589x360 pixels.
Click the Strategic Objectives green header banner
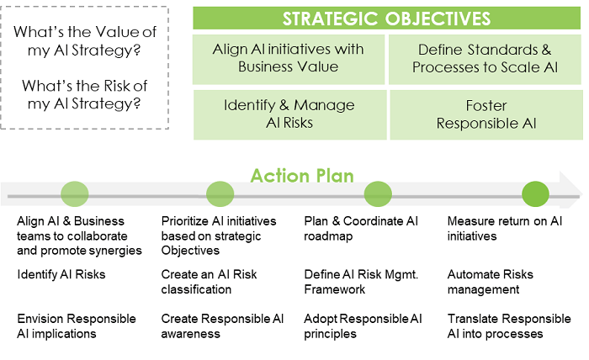[386, 18]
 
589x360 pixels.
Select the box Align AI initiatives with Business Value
[289, 60]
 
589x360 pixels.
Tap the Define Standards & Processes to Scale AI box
[485, 60]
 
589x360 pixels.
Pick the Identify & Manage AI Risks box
[289, 114]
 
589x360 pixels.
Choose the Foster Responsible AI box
[486, 114]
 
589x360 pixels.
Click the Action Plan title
[302, 176]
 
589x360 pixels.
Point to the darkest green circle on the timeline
[535, 194]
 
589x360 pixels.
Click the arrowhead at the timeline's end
[571, 190]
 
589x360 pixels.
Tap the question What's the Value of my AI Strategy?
[84, 41]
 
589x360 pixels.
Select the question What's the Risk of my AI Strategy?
[84, 94]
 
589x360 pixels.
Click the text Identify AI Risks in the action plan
[61, 274]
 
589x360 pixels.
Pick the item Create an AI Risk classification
[209, 282]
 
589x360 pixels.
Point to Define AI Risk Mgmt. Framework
[361, 282]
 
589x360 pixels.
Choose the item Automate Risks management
[491, 282]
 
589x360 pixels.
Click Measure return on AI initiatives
[505, 229]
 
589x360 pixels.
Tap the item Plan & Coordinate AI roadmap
[361, 229]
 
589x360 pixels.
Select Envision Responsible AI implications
[77, 326]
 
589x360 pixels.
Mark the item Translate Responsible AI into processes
[509, 326]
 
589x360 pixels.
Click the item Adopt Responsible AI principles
[363, 326]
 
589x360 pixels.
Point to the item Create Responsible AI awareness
[222, 326]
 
